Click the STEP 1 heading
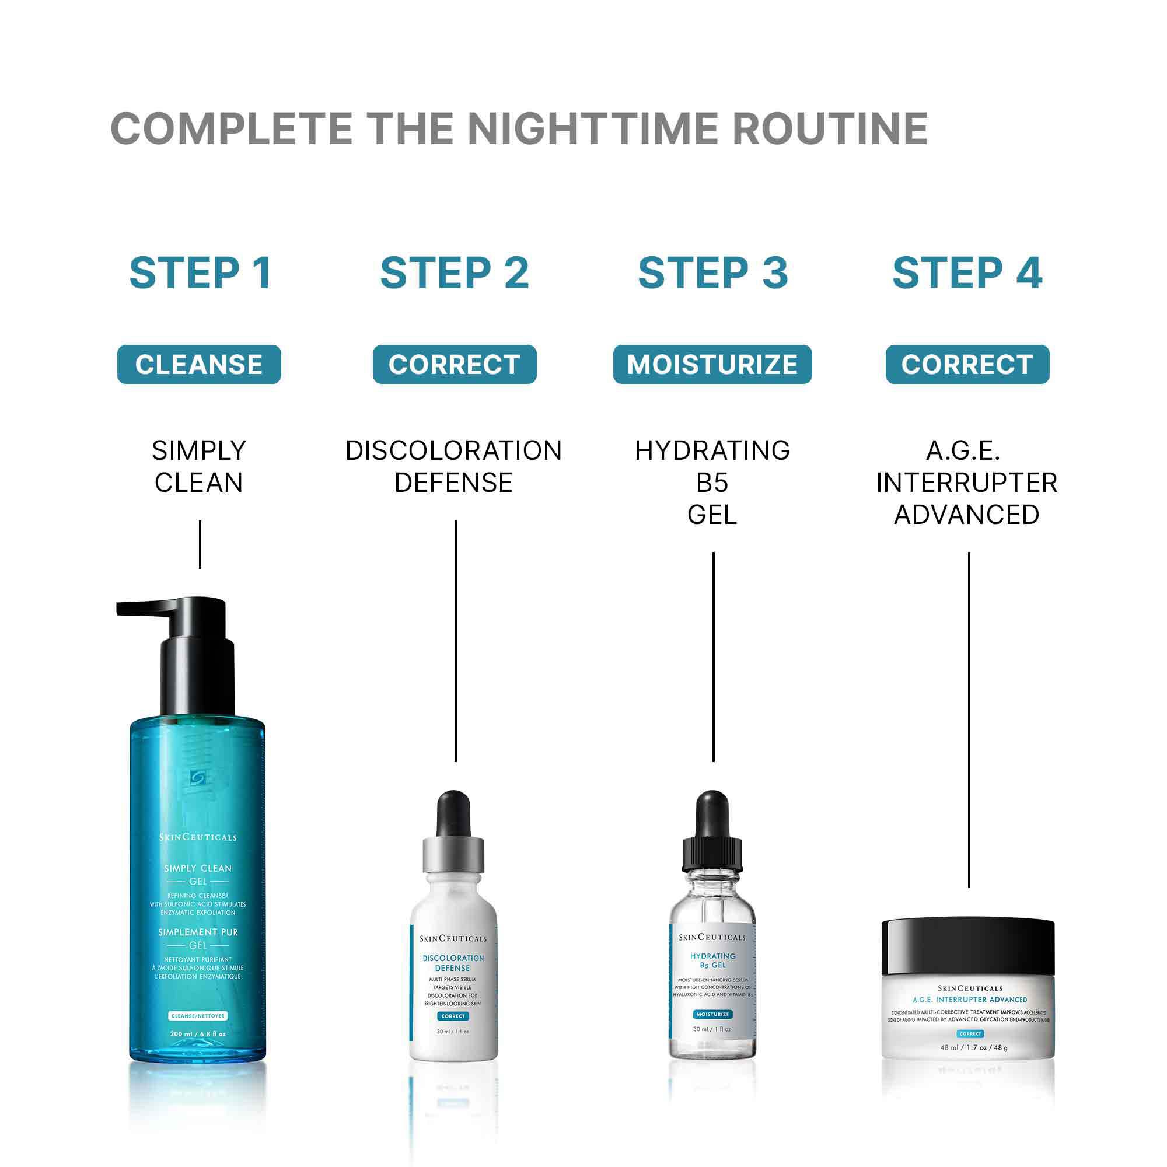click(200, 273)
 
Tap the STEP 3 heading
click(713, 273)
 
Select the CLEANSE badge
click(199, 364)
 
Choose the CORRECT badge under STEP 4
click(967, 364)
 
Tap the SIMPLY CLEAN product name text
click(199, 466)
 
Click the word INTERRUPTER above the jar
click(966, 483)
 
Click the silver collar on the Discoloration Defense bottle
click(453, 854)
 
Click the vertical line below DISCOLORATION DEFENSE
click(456, 640)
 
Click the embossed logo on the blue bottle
click(198, 778)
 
